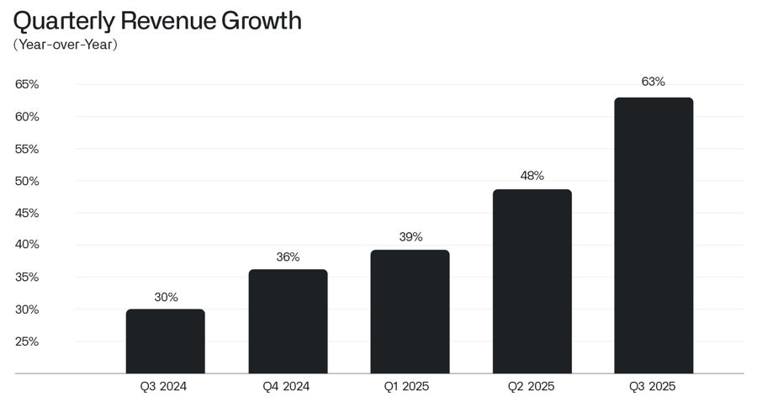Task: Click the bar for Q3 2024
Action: click(165, 341)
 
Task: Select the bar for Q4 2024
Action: click(288, 321)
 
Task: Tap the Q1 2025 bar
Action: click(410, 312)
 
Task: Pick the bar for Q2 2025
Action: click(532, 282)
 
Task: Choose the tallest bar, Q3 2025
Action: click(654, 235)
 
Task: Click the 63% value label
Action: click(654, 82)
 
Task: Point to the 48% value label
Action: click(532, 176)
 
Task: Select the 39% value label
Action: click(410, 237)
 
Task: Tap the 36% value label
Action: click(288, 257)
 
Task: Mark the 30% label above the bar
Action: click(166, 297)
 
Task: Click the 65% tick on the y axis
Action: click(27, 84)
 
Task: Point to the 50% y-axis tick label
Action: click(27, 181)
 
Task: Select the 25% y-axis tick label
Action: click(27, 341)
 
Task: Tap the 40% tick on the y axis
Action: click(27, 245)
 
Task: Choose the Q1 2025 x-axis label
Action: click(410, 387)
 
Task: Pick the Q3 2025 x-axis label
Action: click(653, 387)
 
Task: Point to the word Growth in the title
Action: click(262, 20)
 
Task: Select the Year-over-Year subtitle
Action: click(65, 45)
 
